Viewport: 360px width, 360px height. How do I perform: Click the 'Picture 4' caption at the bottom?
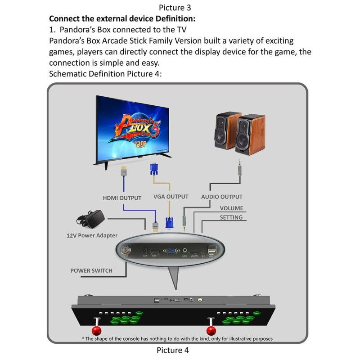pos(173,350)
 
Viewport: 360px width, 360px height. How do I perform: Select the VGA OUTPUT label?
pos(171,197)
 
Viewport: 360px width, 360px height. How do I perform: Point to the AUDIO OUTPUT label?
pos(222,197)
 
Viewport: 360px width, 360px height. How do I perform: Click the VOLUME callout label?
pos(231,208)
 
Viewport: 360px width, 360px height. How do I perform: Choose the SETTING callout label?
pos(231,218)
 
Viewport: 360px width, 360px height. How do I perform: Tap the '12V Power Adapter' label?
pos(92,235)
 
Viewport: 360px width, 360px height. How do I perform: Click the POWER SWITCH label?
pos(91,270)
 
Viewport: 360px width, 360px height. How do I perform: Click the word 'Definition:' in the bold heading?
pos(174,19)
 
